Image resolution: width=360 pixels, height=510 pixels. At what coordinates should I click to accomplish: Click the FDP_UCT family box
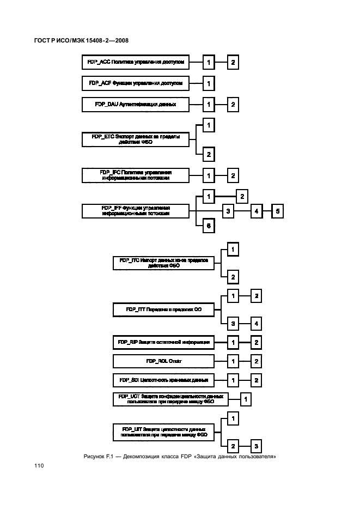pos(171,399)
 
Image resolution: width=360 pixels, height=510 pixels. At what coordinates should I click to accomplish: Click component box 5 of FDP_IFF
pos(277,211)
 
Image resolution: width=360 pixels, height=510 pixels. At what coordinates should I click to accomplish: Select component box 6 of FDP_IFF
pos(208,226)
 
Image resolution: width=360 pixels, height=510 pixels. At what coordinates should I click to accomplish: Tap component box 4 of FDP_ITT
pos(255,324)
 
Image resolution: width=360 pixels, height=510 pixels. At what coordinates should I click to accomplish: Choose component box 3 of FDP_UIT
pos(255,445)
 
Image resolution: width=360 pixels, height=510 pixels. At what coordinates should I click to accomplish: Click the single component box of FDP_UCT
pos(246,399)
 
